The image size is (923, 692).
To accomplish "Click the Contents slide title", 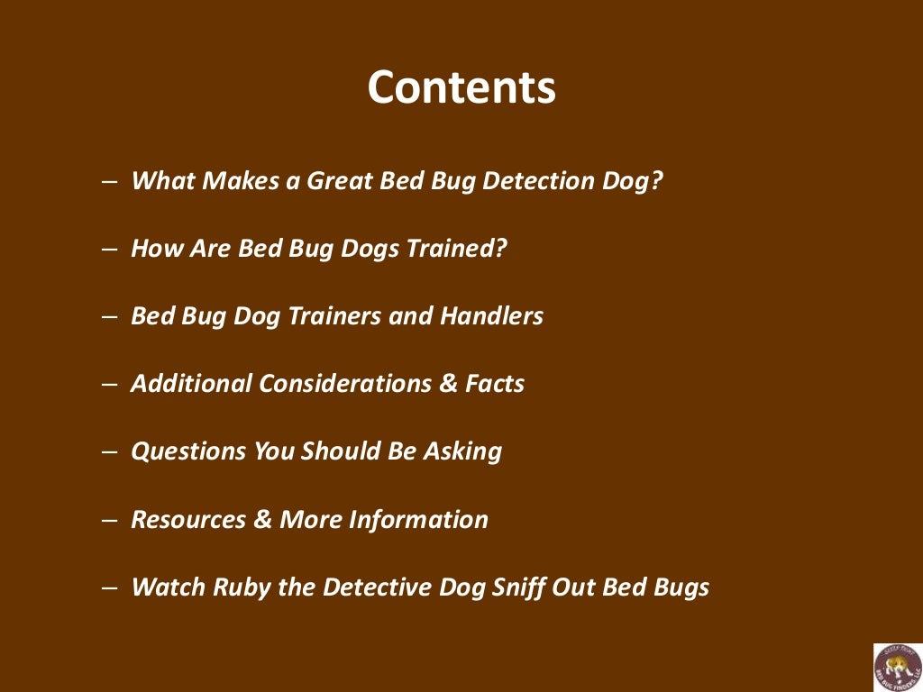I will [461, 87].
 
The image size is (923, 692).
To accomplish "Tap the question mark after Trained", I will [500, 248].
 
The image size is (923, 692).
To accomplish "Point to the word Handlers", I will [491, 316].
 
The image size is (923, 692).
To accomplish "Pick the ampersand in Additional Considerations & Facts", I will [448, 384].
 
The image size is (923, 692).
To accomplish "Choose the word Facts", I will [495, 384].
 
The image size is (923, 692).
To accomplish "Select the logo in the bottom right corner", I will [897, 667].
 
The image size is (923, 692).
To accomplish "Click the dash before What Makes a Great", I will [109, 181].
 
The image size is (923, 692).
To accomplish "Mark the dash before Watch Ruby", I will [109, 587].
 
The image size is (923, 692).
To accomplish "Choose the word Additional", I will [191, 384].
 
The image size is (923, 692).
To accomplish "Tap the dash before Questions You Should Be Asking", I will [109, 451].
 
